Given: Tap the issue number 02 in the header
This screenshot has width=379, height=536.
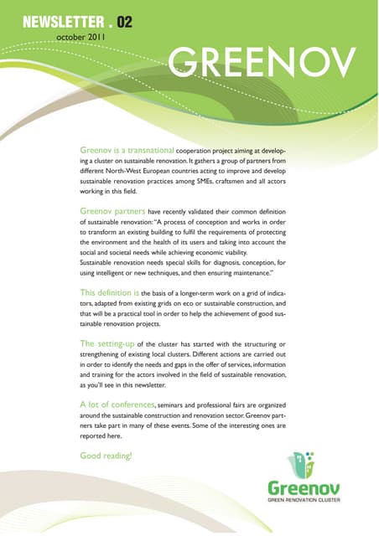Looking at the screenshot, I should coord(124,23).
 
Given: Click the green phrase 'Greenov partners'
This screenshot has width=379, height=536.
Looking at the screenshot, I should coord(116,211).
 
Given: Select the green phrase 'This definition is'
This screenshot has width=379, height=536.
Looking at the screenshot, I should coord(109,294).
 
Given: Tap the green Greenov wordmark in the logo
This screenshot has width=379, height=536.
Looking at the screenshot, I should coord(304,486).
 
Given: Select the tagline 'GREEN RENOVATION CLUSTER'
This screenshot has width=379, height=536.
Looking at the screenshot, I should coord(304,500).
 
